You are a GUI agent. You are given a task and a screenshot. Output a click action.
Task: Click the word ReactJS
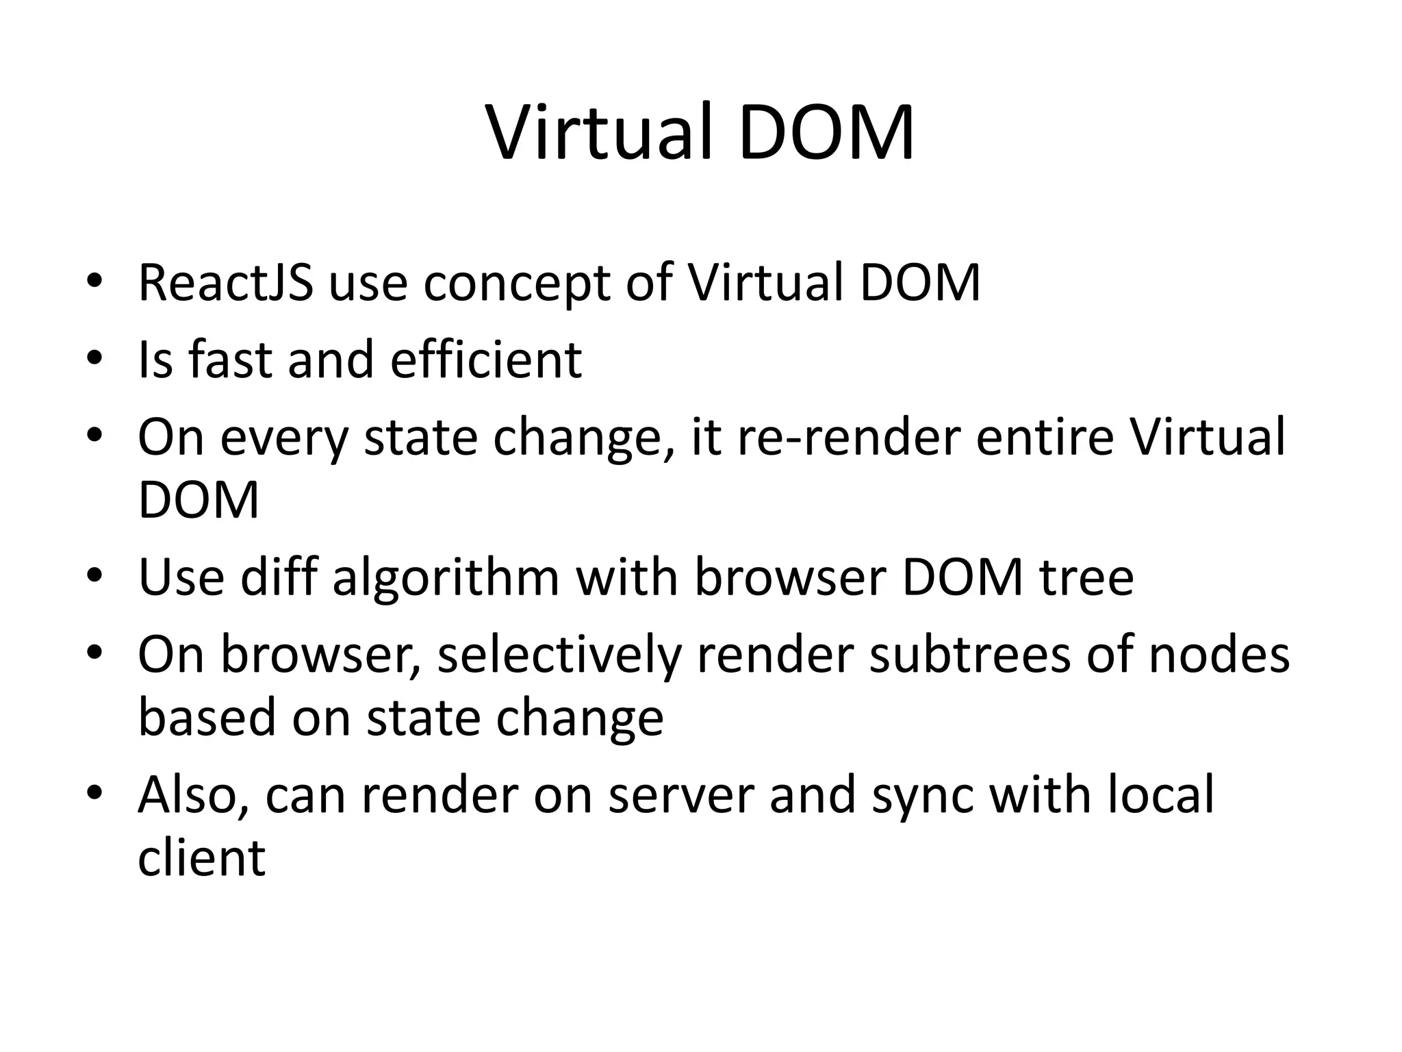(225, 282)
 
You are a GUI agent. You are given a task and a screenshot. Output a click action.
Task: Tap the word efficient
(486, 359)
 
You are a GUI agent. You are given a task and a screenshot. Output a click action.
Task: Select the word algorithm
(446, 577)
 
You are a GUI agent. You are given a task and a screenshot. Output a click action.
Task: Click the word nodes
(1219, 655)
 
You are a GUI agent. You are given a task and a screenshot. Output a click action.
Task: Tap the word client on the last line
(201, 857)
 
